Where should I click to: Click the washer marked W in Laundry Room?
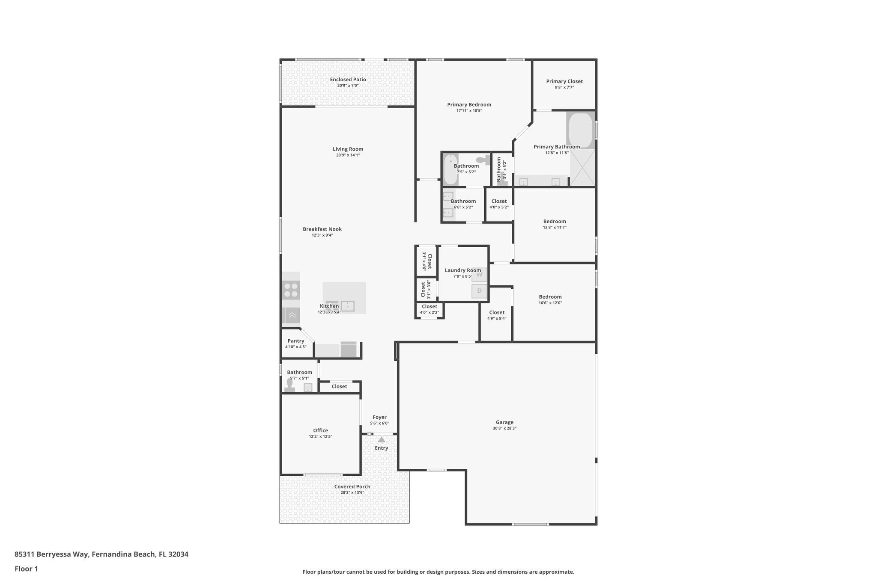(479, 274)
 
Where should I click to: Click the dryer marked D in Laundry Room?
(479, 291)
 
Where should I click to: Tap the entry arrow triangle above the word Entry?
(381, 439)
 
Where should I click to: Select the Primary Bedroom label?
(469, 104)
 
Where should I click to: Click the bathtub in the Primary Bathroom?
(580, 130)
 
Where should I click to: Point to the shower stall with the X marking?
(582, 168)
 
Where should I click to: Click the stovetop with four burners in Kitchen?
(291, 290)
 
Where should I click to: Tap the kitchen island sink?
(347, 306)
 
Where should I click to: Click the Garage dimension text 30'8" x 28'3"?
(504, 428)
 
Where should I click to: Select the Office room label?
(320, 430)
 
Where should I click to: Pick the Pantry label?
(296, 341)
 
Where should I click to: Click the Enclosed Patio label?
(348, 80)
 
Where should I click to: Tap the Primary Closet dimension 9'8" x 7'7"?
(564, 87)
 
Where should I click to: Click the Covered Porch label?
(352, 486)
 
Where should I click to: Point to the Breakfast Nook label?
(322, 229)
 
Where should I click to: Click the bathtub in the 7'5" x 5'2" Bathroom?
(450, 169)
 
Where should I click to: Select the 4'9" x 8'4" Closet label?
(497, 312)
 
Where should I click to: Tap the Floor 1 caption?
(26, 569)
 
